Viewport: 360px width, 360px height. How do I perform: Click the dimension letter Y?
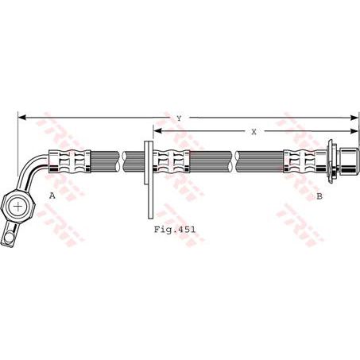click(180, 118)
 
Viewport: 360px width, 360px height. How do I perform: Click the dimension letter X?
click(254, 132)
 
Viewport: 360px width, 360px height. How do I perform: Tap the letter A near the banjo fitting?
click(52, 195)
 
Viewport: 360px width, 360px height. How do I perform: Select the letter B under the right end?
click(319, 195)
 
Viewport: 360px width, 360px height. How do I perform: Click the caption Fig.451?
click(175, 228)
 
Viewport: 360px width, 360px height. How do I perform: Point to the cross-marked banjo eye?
click(17, 206)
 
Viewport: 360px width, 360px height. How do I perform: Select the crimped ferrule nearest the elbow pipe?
click(71, 162)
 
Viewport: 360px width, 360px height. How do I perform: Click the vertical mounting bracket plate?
click(149, 179)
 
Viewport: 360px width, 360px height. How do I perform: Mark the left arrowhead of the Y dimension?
click(21, 118)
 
